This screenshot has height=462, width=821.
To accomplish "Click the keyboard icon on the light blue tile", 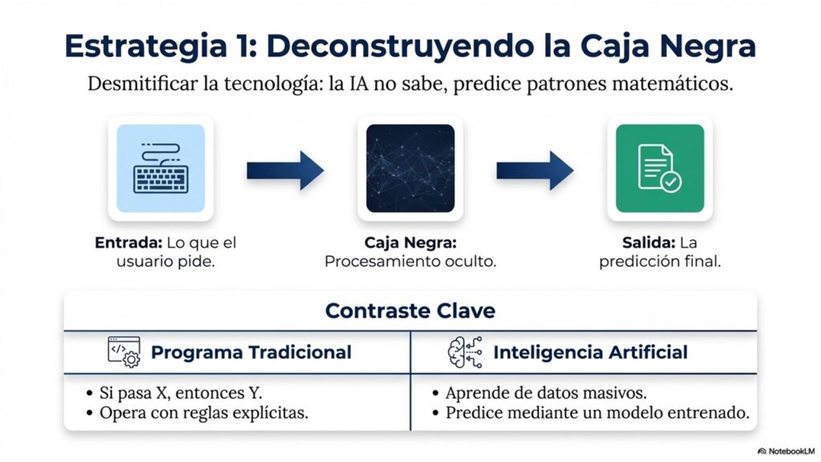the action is click(x=160, y=168).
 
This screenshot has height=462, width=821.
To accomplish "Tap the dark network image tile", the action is click(x=410, y=168).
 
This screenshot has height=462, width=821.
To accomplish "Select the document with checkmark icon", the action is click(x=660, y=168).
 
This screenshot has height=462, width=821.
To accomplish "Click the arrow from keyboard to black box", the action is click(x=285, y=170).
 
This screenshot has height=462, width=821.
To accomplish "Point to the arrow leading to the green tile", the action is click(x=535, y=170).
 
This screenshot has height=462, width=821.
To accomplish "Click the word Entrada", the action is click(x=128, y=243).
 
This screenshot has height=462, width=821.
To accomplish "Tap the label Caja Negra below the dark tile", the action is click(x=410, y=243).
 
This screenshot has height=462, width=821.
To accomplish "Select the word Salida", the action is click(x=648, y=243).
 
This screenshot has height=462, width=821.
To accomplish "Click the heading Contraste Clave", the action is click(x=410, y=310).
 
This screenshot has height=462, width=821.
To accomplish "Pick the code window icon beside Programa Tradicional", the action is click(x=124, y=352).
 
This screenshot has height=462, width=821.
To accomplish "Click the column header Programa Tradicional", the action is click(x=251, y=353).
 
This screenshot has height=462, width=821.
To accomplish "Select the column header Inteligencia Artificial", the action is click(x=590, y=353).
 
